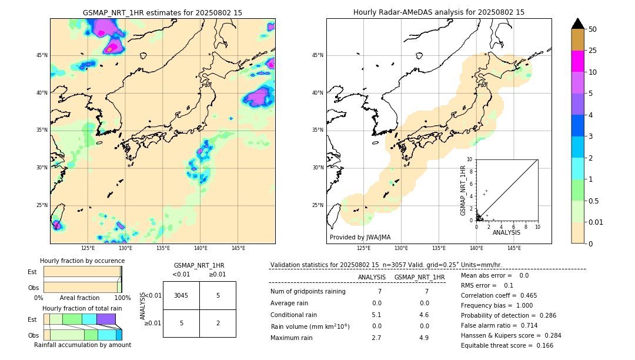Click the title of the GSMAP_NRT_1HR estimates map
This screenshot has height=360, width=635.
pyautogui.click(x=162, y=12)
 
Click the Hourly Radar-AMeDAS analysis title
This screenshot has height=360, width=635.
pyautogui.click(x=439, y=12)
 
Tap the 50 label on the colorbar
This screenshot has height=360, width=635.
pyautogui.click(x=593, y=29)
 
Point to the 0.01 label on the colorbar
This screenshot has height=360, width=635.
pyautogui.click(x=596, y=222)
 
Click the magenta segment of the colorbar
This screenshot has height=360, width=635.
pyautogui.click(x=577, y=61)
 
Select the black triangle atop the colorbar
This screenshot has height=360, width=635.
pyautogui.click(x=577, y=24)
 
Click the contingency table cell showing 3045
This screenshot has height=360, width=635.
pyautogui.click(x=181, y=295)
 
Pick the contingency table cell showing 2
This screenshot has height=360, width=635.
pyautogui.click(x=218, y=323)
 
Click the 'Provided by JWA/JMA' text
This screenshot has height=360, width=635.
pyautogui.click(x=360, y=237)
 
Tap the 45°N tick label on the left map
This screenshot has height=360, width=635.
pyautogui.click(x=42, y=55)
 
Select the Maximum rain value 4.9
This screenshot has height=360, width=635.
pyautogui.click(x=423, y=338)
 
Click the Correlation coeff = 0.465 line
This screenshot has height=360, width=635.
pyautogui.click(x=499, y=295)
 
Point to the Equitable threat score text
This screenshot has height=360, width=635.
pyautogui.click(x=499, y=345)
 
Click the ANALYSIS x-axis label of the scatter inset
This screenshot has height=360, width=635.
pyautogui.click(x=506, y=232)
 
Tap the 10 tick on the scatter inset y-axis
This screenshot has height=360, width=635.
pyautogui.click(x=470, y=159)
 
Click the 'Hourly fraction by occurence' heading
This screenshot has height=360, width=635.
pyautogui.click(x=82, y=261)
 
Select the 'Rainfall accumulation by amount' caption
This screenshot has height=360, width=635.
pyautogui.click(x=82, y=345)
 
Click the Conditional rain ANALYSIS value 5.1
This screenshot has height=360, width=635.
pyautogui.click(x=376, y=315)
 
